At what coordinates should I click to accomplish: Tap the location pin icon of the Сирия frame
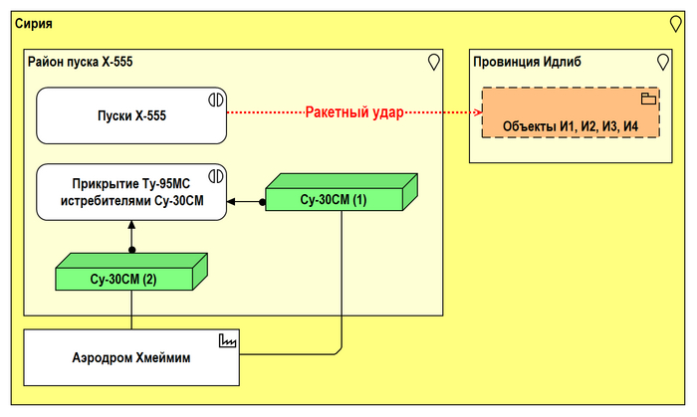(x=675, y=22)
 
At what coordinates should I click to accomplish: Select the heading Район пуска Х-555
(x=79, y=62)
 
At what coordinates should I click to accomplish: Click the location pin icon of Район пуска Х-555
(x=433, y=62)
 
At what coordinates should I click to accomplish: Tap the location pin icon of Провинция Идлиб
(x=663, y=62)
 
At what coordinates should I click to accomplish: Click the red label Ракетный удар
(x=353, y=112)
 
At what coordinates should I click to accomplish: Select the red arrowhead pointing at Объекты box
(x=477, y=112)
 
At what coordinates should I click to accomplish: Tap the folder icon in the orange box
(x=648, y=99)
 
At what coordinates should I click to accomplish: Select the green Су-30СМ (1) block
(x=333, y=196)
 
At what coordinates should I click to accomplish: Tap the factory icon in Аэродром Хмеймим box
(x=228, y=340)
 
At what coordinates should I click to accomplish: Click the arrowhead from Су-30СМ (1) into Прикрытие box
(x=231, y=202)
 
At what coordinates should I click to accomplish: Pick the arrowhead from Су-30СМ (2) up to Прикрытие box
(x=131, y=225)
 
